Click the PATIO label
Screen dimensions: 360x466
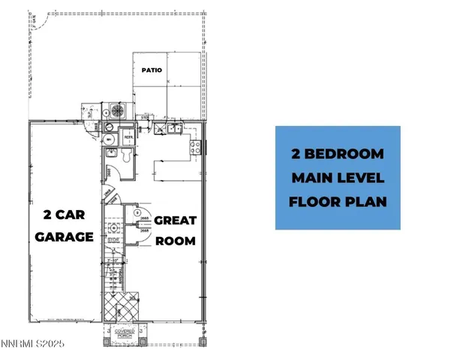pos(152,70)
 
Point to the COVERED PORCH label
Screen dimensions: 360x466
pos(125,332)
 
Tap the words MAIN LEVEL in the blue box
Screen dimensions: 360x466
pos(337,178)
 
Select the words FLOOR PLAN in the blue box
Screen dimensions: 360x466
pos(337,201)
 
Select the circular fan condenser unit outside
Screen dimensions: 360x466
pos(117,111)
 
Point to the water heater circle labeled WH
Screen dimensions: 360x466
pos(110,139)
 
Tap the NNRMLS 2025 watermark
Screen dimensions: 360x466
pos(33,344)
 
